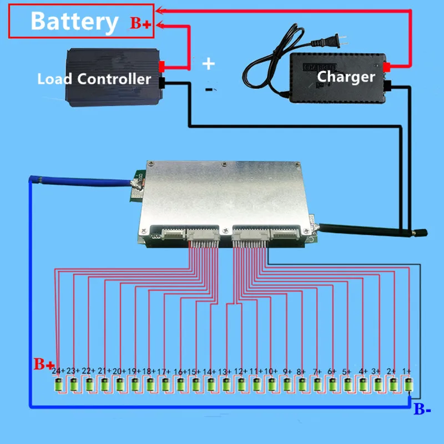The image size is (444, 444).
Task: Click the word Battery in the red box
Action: (x=74, y=22)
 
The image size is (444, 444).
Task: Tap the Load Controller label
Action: (x=94, y=79)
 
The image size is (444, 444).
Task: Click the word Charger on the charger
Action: (x=346, y=76)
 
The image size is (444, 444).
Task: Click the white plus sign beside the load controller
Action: (x=208, y=63)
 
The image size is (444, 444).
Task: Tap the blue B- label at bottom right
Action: (x=422, y=411)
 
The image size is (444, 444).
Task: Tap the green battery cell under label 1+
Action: (x=409, y=384)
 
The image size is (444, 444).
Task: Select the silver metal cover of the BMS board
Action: (x=222, y=194)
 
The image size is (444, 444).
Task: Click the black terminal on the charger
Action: (x=389, y=85)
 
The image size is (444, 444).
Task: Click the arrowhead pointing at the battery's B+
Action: (x=159, y=24)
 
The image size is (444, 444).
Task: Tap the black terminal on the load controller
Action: (x=163, y=84)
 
